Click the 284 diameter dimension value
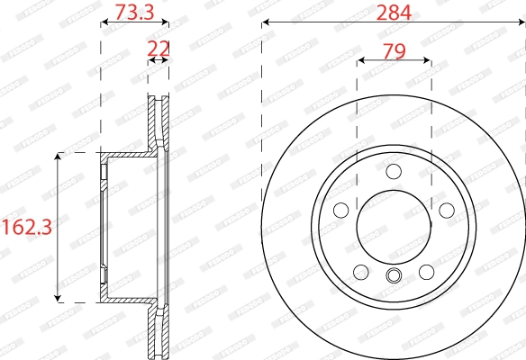click(x=393, y=13)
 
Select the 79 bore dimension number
click(x=393, y=51)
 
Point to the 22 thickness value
click(x=159, y=48)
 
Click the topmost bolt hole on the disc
click(x=393, y=172)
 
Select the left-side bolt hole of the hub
click(x=341, y=210)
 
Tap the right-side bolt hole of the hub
click(x=445, y=210)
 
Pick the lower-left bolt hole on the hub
click(x=361, y=271)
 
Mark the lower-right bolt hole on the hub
click(x=425, y=271)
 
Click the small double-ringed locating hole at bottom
click(x=393, y=276)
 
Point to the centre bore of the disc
click(x=393, y=225)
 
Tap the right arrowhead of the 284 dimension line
click(x=521, y=23)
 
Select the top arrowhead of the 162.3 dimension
click(x=59, y=157)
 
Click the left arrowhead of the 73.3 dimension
click(x=103, y=23)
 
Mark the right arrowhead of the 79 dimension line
click(x=426, y=61)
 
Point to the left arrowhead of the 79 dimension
click(x=360, y=61)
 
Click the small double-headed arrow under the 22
click(x=159, y=60)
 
